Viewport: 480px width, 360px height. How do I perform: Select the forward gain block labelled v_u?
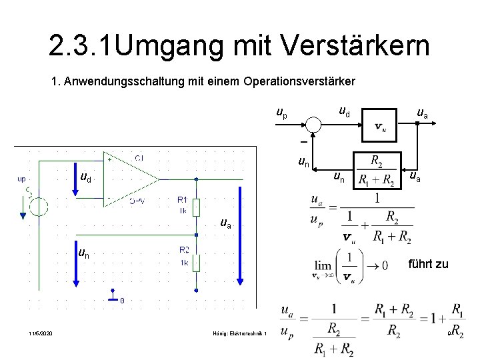pos(380,125)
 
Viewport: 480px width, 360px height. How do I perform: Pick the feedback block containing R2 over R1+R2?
pos(377,171)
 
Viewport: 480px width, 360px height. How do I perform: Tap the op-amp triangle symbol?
pos(133,179)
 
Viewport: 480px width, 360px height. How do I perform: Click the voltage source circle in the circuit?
pos(39,206)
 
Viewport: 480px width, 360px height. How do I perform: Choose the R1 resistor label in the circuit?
pos(182,199)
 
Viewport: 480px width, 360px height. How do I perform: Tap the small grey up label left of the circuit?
pos(22,179)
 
